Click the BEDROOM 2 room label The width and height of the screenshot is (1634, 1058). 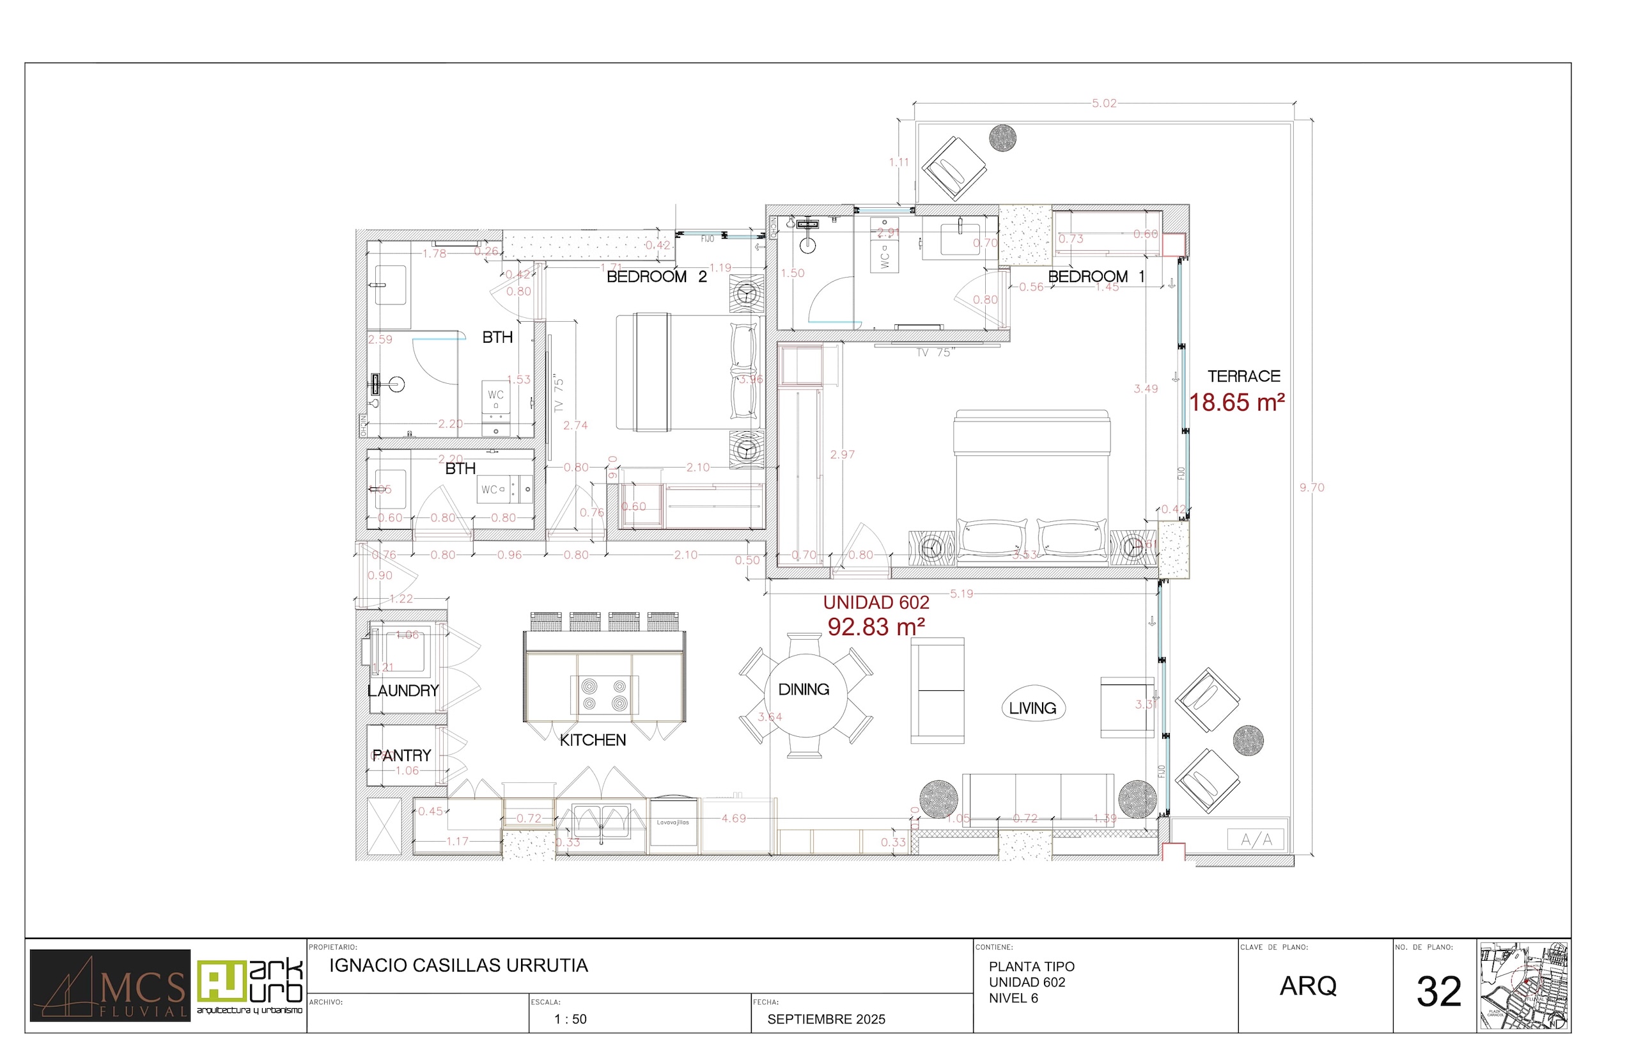click(x=657, y=277)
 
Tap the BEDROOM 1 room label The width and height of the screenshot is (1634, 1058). click(x=1096, y=277)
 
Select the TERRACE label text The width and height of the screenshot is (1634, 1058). click(x=1243, y=377)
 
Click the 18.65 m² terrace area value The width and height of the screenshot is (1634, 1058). click(x=1236, y=402)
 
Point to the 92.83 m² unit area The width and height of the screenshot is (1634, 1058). click(x=876, y=627)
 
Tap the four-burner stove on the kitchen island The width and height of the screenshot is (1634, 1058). click(x=604, y=694)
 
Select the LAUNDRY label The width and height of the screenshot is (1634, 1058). click(x=403, y=691)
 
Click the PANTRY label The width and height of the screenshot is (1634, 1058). click(x=401, y=755)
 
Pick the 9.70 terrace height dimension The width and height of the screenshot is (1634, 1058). click(x=1311, y=488)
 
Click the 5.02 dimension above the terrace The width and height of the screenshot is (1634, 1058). click(x=1104, y=104)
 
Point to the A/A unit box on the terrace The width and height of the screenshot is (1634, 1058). click(x=1256, y=839)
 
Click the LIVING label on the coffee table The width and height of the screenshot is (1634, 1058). click(x=1032, y=708)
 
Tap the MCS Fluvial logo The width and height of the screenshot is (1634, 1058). click(x=110, y=986)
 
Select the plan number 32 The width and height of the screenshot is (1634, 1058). click(x=1439, y=992)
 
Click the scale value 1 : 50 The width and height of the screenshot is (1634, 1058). click(x=570, y=1020)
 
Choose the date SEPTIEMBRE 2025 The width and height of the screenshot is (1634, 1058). click(x=826, y=1020)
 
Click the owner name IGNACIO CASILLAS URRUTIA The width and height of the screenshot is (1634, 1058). click(x=458, y=966)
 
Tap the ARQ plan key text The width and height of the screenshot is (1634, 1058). click(x=1308, y=986)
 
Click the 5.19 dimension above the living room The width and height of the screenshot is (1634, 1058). click(x=961, y=594)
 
